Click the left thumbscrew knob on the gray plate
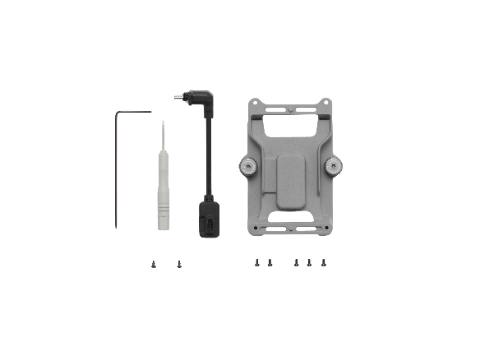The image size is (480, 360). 247,167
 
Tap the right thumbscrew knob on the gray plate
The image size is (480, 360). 335,167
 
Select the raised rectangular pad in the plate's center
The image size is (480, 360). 291,178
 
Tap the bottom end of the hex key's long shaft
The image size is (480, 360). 121,228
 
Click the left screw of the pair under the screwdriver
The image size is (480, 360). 154,264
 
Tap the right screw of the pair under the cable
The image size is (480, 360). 178,264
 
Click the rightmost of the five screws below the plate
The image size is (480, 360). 324,262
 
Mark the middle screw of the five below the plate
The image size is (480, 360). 297,263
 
